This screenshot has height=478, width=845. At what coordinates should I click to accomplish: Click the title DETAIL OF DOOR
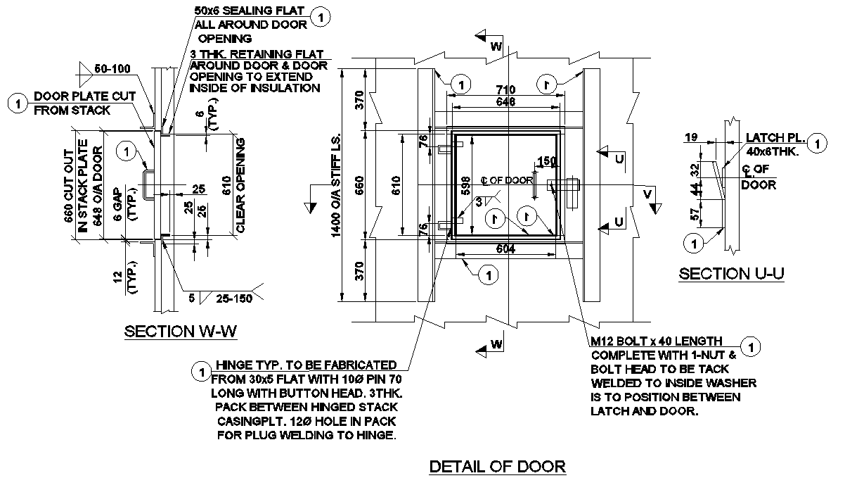coord(497,466)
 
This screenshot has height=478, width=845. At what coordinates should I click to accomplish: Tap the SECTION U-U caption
coord(731,274)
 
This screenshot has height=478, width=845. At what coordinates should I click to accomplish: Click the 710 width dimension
coord(506,90)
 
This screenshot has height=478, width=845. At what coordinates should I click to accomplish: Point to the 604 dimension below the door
coord(506,248)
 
